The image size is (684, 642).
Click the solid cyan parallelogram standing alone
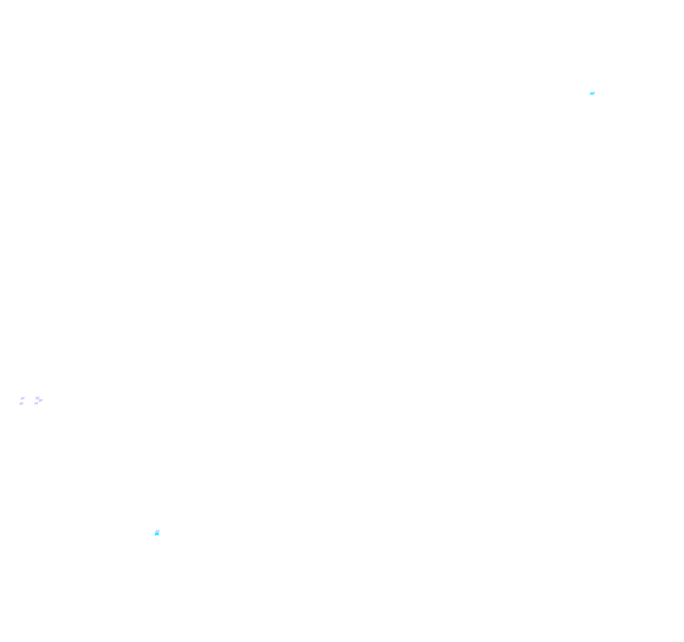(x=592, y=93)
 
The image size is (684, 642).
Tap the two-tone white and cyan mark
(x=157, y=533)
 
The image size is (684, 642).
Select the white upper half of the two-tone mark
(x=157, y=531)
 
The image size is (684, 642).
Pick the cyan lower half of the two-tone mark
(x=157, y=534)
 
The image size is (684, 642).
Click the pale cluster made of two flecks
(x=22, y=401)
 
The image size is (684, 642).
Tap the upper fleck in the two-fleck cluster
(x=23, y=399)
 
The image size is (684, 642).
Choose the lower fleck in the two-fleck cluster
(x=21, y=404)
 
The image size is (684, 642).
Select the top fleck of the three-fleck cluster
(x=37, y=398)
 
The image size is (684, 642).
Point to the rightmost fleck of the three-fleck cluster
(x=41, y=400)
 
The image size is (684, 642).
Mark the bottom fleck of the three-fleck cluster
(x=36, y=403)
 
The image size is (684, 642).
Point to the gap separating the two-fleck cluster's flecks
(x=22, y=401)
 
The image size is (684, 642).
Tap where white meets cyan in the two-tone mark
(x=157, y=533)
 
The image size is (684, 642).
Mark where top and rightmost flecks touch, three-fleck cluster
(x=39, y=399)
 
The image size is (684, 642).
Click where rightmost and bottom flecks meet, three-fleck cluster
(x=38, y=402)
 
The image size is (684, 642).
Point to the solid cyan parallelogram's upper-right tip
(x=595, y=92)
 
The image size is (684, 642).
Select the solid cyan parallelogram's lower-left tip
(x=590, y=94)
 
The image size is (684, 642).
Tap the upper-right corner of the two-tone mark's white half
(x=160, y=530)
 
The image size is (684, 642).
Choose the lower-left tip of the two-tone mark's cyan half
(x=155, y=535)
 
